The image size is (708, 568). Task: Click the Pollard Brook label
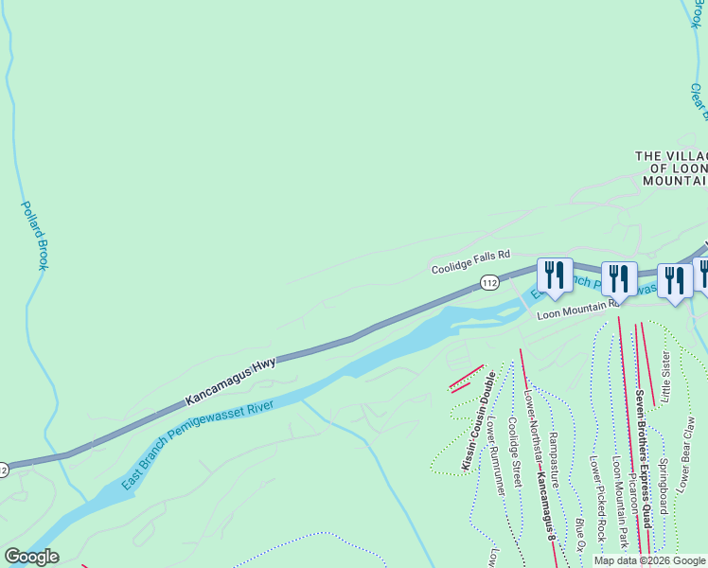(x=36, y=235)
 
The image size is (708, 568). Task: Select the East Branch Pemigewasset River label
(x=198, y=445)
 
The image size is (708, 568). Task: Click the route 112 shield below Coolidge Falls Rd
(x=488, y=283)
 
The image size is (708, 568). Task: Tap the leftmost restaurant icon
(x=553, y=275)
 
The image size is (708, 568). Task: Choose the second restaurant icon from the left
(x=619, y=277)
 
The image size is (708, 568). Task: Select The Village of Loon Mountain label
(x=671, y=168)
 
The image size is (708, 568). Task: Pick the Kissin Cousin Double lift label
(x=478, y=420)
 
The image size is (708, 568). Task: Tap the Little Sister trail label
(x=665, y=376)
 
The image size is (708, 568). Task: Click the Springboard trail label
(x=663, y=488)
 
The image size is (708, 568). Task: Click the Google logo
(x=31, y=557)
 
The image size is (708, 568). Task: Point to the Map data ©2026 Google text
(x=649, y=560)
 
